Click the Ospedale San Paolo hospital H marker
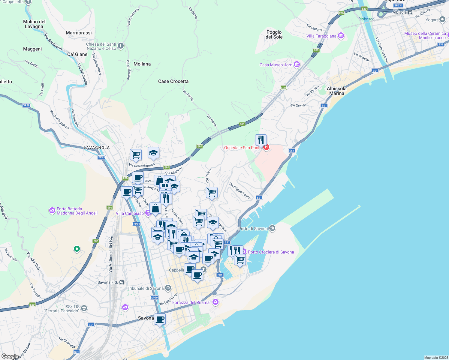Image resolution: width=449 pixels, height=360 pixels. (x=266, y=147)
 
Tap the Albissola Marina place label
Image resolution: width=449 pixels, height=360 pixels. (x=336, y=91)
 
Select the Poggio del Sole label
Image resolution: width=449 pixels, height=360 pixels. (x=274, y=34)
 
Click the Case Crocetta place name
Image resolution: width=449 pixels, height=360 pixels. (x=173, y=81)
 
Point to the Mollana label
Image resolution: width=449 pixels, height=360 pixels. (x=142, y=64)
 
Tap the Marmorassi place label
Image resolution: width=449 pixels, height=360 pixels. (x=79, y=33)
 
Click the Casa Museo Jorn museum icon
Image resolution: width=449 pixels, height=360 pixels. (x=297, y=64)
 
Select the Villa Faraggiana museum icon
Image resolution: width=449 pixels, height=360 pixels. (x=341, y=36)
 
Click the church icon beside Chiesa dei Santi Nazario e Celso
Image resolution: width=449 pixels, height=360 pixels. (x=121, y=46)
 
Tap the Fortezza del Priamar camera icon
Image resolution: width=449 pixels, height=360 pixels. (x=215, y=302)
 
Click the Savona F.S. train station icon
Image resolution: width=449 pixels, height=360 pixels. (x=122, y=282)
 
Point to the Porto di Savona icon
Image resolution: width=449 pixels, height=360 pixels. (x=272, y=228)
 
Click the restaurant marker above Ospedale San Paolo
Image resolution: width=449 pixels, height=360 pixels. (x=261, y=140)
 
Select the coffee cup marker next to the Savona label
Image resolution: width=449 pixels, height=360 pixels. (x=160, y=319)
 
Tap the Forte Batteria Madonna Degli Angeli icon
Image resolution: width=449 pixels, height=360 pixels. (x=52, y=211)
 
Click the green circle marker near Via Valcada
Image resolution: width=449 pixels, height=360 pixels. (x=77, y=249)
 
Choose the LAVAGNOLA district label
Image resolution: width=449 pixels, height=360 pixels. (x=97, y=148)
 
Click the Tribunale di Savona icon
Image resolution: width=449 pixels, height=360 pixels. (x=168, y=288)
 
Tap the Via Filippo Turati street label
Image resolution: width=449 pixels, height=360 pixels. (x=240, y=190)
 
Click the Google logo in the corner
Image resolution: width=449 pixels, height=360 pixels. (x=10, y=356)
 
